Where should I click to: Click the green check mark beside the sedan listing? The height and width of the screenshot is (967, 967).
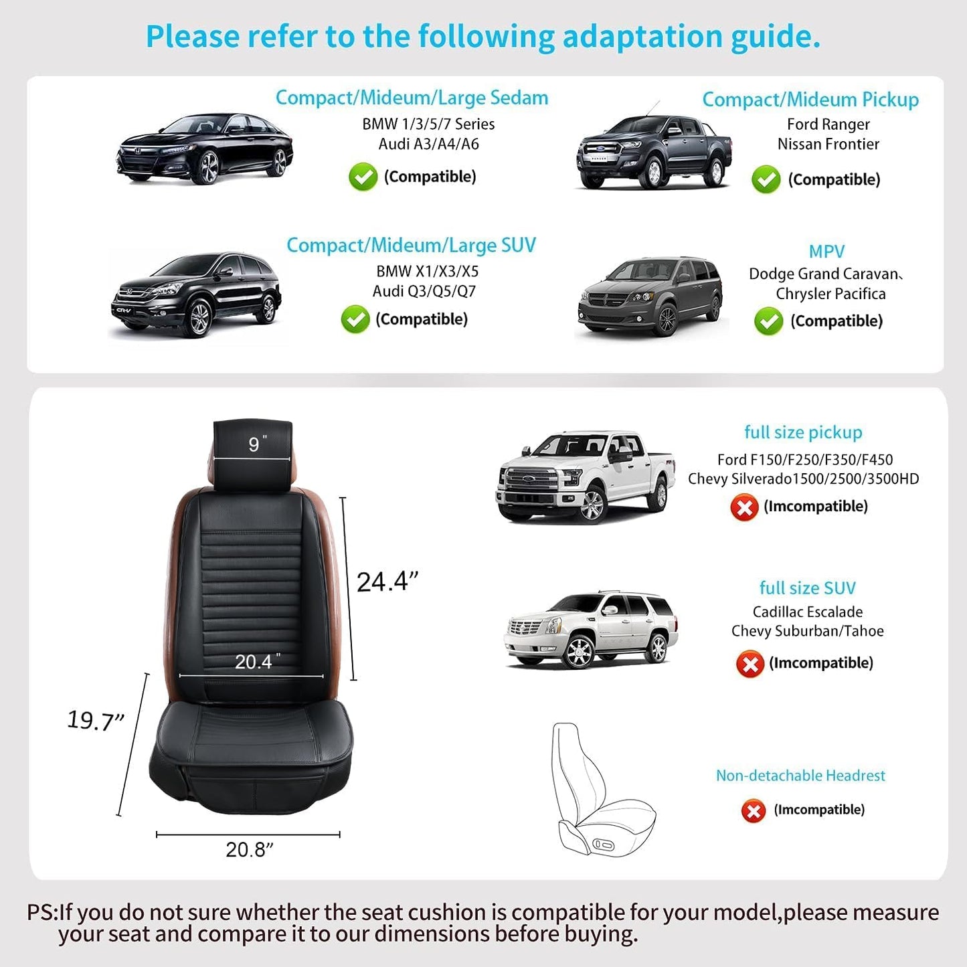(x=363, y=177)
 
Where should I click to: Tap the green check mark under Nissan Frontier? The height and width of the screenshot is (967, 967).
(x=766, y=179)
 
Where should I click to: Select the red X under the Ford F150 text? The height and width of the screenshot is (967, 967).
(x=744, y=507)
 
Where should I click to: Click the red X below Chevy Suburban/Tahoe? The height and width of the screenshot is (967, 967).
(x=750, y=664)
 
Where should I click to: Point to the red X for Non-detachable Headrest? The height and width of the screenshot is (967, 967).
(x=754, y=811)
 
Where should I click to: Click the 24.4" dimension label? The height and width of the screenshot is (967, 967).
(x=387, y=582)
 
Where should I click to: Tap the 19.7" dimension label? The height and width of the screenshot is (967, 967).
(x=96, y=721)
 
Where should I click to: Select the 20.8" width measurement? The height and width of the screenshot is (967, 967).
(x=249, y=849)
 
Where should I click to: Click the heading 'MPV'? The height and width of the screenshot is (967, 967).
(x=826, y=252)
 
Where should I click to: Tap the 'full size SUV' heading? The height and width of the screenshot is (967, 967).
(x=807, y=588)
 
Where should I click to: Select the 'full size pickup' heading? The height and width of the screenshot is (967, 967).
(x=803, y=432)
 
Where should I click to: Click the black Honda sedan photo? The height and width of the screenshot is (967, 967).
(x=205, y=149)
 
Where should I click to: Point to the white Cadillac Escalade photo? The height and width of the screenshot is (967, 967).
(x=590, y=629)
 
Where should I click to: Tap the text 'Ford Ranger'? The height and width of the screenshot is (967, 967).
(x=828, y=124)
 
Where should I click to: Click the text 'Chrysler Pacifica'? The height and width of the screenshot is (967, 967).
(x=830, y=294)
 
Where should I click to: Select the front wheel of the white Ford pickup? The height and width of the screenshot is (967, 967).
(x=592, y=505)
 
